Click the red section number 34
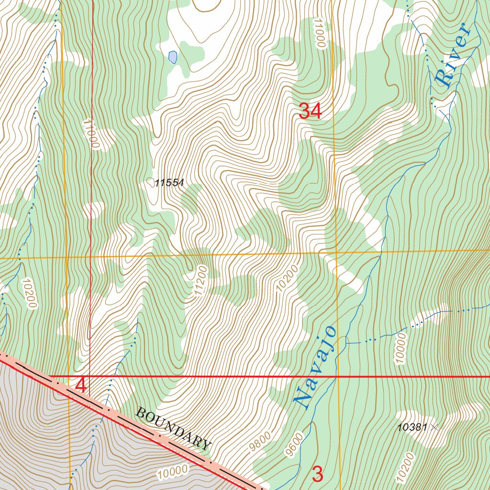point(310,111)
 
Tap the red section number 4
point(81,386)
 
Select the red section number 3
point(318,474)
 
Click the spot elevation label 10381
point(412,427)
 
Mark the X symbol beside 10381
point(434,427)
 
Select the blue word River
point(453,56)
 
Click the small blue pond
point(173,57)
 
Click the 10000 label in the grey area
point(172,472)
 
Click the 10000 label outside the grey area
point(401,349)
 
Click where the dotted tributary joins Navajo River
point(346,343)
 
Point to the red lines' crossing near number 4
point(90,376)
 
